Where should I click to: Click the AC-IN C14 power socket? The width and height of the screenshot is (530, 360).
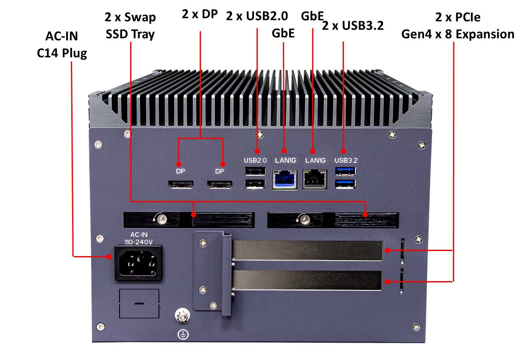[139, 263]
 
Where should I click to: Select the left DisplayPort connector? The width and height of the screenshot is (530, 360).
[181, 184]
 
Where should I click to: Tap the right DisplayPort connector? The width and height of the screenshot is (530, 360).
[219, 184]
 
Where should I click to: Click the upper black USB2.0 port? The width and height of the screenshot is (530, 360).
[254, 171]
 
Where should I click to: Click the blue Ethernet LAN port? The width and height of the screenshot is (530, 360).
[285, 179]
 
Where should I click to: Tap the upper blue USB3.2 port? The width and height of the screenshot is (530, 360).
[346, 171]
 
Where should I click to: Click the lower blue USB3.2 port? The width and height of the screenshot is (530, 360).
[346, 183]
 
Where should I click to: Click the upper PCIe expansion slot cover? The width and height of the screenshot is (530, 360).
[307, 250]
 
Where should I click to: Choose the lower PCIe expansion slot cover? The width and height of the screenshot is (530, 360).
[307, 281]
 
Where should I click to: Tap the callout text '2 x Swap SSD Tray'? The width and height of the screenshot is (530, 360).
[130, 25]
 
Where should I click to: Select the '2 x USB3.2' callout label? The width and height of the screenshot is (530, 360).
[353, 25]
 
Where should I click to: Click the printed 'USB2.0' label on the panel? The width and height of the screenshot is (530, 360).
[255, 160]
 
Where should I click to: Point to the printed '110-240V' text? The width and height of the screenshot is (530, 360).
[138, 242]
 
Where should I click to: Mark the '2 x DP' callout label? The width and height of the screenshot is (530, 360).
[200, 14]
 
